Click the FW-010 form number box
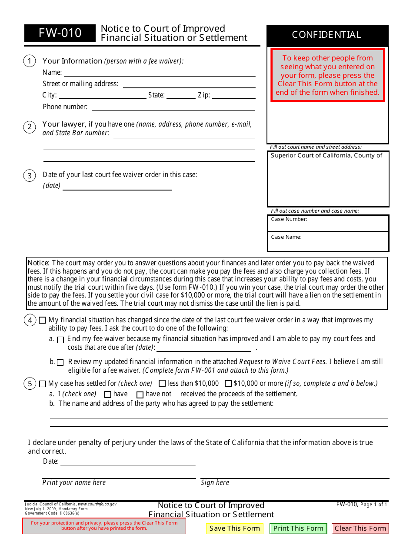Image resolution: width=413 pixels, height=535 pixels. coord(60,33)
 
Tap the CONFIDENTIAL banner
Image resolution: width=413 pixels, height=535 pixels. coord(327,35)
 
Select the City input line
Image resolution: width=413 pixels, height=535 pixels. coord(103,95)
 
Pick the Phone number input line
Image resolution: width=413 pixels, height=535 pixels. coord(173,107)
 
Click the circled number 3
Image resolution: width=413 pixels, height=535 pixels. coord(30,176)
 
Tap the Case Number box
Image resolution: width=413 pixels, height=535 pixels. coord(328,223)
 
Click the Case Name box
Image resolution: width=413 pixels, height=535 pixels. coord(328,241)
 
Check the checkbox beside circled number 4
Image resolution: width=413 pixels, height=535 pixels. coord(42,320)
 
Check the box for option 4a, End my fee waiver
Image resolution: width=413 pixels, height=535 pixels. coord(60,340)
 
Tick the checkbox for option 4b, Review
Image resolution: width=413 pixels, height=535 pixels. coord(60,362)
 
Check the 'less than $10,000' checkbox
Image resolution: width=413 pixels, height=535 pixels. coord(162,384)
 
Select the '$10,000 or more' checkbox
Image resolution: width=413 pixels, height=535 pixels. coord(228,384)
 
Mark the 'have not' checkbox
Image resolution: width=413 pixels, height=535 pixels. coord(140,395)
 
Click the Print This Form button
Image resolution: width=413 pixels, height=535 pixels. coord(298,528)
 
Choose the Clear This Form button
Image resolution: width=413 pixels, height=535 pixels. coord(360,528)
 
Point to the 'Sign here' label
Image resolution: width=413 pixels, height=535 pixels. coord(215,483)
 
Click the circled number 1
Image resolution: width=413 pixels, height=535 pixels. coord(30,61)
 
